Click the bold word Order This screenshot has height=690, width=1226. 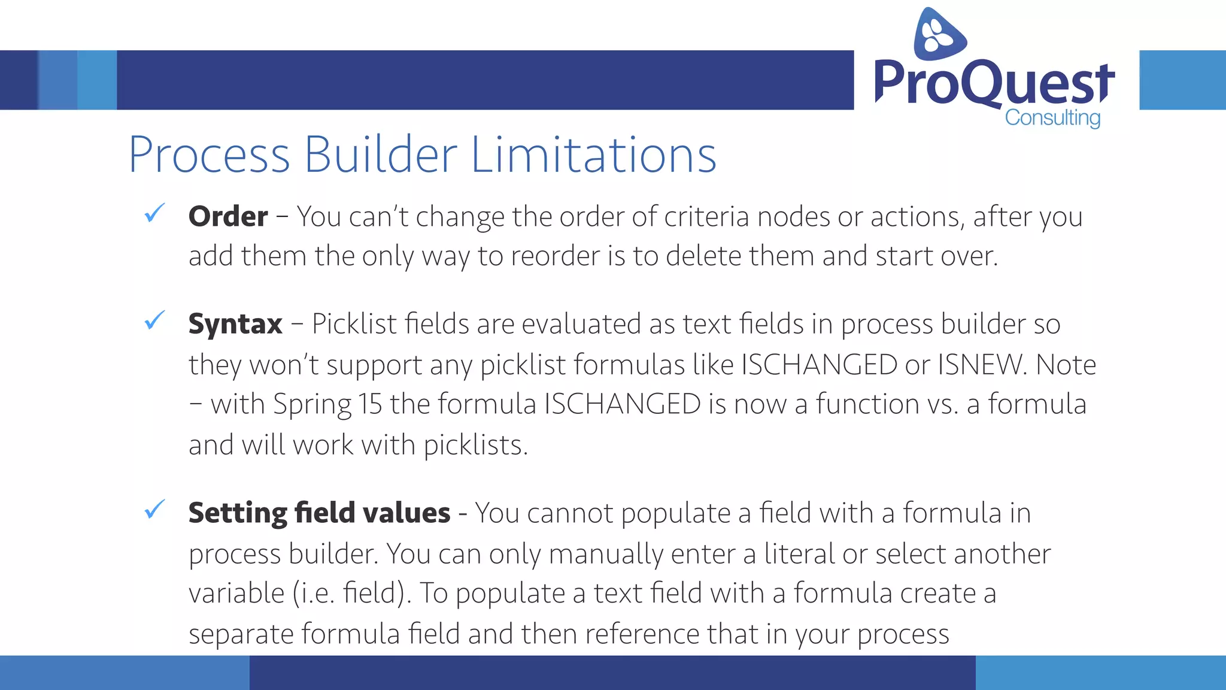[x=228, y=216]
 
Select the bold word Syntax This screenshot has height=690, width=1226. [x=235, y=324]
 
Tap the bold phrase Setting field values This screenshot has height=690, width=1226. [x=319, y=513]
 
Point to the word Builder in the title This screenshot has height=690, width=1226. [x=381, y=155]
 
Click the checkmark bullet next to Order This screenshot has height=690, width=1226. [x=154, y=213]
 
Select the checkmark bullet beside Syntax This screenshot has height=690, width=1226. [x=154, y=320]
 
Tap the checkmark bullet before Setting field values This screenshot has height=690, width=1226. [x=154, y=510]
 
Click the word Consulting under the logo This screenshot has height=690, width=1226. [x=1052, y=118]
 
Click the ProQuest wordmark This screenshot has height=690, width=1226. [x=994, y=83]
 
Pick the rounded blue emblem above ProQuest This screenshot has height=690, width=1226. [x=939, y=34]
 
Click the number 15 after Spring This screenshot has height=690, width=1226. [x=370, y=404]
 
